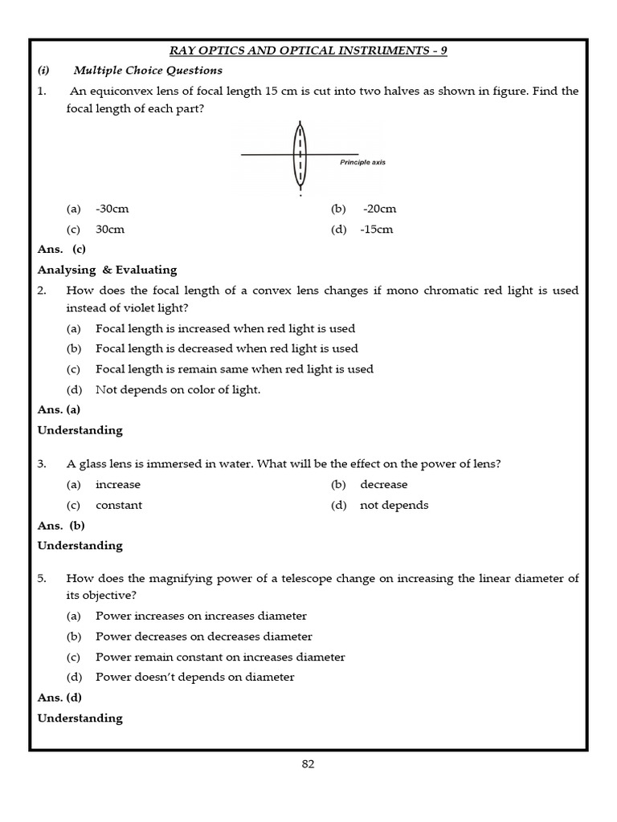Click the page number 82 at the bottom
click(308, 764)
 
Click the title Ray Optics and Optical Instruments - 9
click(308, 50)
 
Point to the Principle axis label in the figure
click(362, 162)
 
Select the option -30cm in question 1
click(112, 209)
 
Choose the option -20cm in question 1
click(379, 209)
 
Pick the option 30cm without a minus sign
click(110, 229)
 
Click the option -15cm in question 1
click(377, 229)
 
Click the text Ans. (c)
click(62, 249)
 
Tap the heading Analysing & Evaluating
click(107, 270)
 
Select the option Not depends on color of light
click(178, 389)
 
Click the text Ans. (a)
click(59, 409)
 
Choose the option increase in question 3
click(117, 484)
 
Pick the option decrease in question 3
click(383, 484)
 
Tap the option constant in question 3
click(119, 505)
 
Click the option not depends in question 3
click(394, 505)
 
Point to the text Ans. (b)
click(61, 525)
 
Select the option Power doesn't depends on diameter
click(194, 677)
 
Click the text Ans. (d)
click(59, 698)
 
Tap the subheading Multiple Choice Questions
click(148, 71)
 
